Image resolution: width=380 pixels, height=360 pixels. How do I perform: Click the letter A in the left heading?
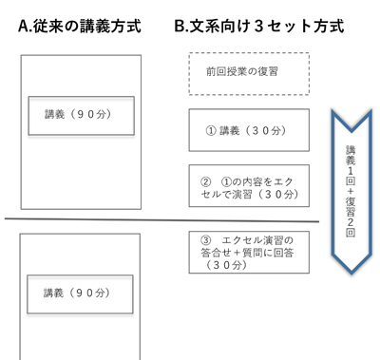click(24, 27)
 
